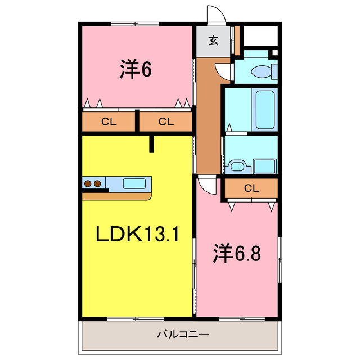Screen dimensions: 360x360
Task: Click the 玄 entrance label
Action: click(x=214, y=40)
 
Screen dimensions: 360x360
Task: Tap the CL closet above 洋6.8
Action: click(x=251, y=188)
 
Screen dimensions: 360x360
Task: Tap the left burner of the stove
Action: click(x=87, y=183)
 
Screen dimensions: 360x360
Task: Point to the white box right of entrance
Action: click(x=260, y=36)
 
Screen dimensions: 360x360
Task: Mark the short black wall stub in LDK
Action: click(x=151, y=144)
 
